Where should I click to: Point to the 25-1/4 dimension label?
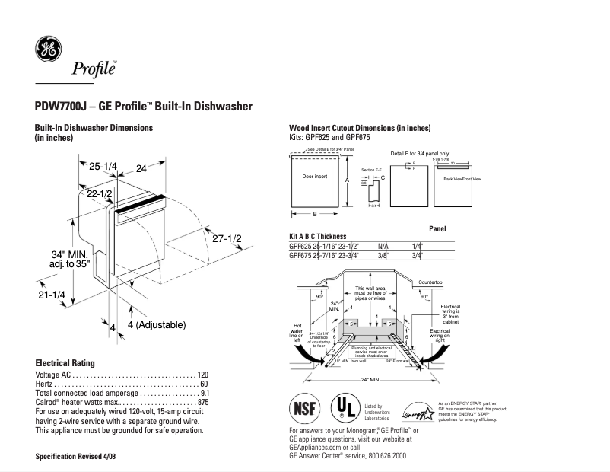102,167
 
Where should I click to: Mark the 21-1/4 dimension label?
50,295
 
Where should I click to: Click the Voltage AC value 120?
203,375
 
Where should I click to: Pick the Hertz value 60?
205,384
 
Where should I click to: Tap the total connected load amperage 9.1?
204,394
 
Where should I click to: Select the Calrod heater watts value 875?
203,403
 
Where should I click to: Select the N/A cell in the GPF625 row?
383,247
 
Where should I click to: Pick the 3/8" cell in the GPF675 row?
383,256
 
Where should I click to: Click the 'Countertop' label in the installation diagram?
430,282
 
